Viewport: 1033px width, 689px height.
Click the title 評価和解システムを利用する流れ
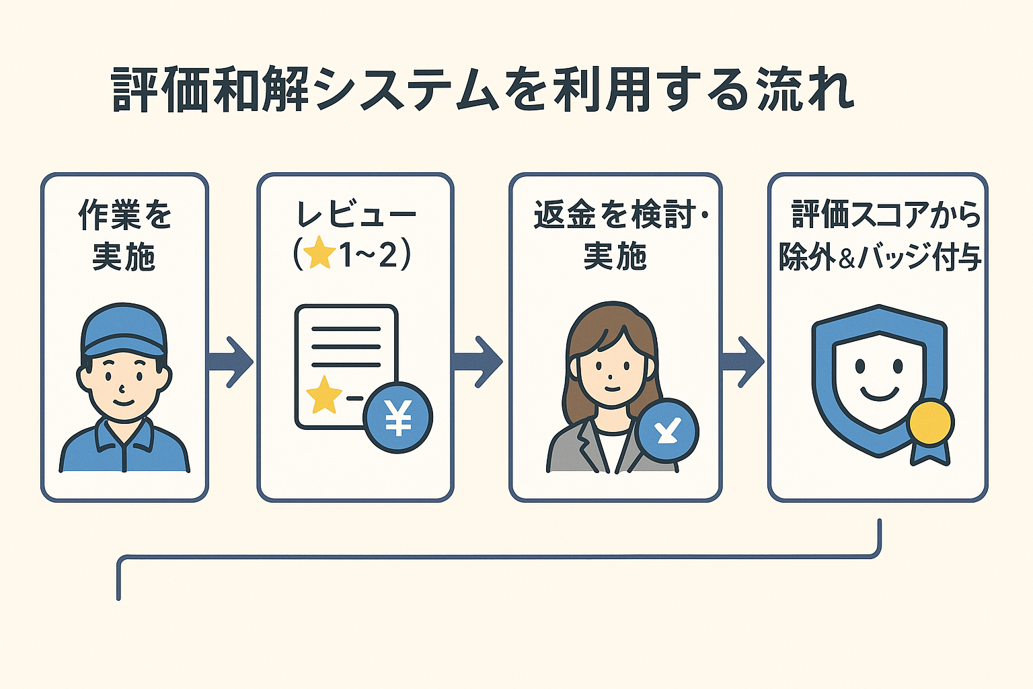pyautogui.click(x=482, y=89)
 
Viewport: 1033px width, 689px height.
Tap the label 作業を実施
pyautogui.click(x=124, y=235)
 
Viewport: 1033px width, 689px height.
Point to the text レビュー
pyautogui.click(x=356, y=215)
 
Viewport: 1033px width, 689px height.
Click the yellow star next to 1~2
pyautogui.click(x=319, y=256)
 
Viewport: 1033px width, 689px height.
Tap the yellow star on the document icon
pyautogui.click(x=324, y=395)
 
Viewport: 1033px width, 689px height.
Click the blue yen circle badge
pyautogui.click(x=397, y=418)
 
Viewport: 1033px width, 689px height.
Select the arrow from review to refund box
pyautogui.click(x=479, y=362)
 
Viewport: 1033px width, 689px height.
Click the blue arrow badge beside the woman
pyautogui.click(x=666, y=430)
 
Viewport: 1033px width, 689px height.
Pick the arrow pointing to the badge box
pyautogui.click(x=742, y=362)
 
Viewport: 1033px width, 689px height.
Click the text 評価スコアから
pyautogui.click(x=884, y=215)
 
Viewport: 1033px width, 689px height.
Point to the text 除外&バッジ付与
pyautogui.click(x=880, y=257)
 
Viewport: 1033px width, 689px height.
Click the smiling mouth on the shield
pyautogui.click(x=879, y=393)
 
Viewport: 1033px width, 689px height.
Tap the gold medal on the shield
pyautogui.click(x=930, y=423)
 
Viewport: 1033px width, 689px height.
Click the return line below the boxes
pyautogui.click(x=498, y=557)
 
